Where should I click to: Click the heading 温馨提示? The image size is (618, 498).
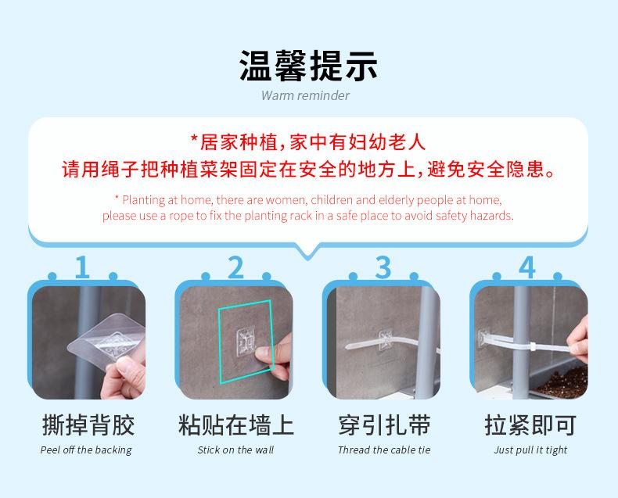308,66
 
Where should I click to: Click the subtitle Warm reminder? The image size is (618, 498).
305,95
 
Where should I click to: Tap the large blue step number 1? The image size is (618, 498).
82,267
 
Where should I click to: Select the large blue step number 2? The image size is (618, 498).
235,267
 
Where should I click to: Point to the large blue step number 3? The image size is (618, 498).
383,267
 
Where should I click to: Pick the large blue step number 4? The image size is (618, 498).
527,267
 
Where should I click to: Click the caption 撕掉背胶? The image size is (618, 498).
88,425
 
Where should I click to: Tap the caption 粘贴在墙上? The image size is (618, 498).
235,425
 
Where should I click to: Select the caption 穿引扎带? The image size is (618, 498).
384,425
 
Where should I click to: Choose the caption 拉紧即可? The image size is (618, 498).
530,425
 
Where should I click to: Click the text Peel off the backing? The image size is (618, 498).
86,450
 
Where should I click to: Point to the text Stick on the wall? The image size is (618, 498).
235,450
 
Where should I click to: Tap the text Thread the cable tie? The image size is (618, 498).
384,450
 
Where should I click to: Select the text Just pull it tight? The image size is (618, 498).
530,450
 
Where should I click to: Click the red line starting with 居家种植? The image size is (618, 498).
308,142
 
